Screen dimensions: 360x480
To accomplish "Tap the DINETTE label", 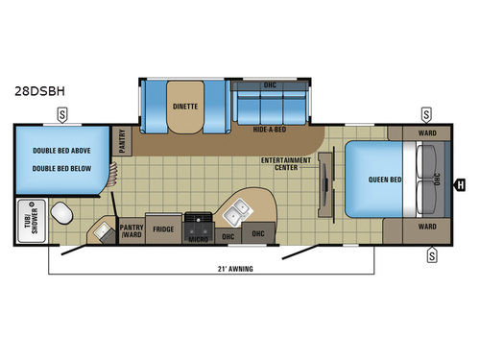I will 184,108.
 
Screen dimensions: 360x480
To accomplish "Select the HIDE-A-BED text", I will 269,127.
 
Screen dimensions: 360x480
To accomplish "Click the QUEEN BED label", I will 382,180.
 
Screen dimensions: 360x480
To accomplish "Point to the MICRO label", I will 199,239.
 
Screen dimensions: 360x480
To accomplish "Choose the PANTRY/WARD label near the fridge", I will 132,231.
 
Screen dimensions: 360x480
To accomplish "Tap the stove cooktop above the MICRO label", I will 199,222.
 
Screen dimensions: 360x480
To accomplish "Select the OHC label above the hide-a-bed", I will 269,85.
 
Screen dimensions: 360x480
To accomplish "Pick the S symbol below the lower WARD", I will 431,254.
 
